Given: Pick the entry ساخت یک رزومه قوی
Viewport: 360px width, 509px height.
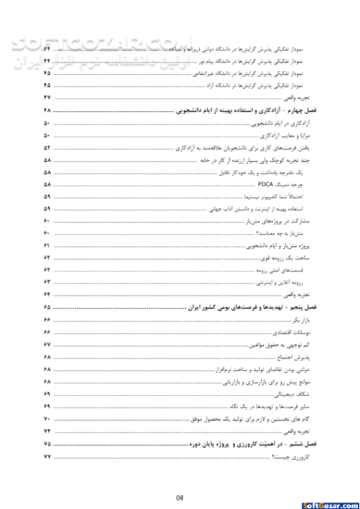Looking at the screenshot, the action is [x=297, y=256].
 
